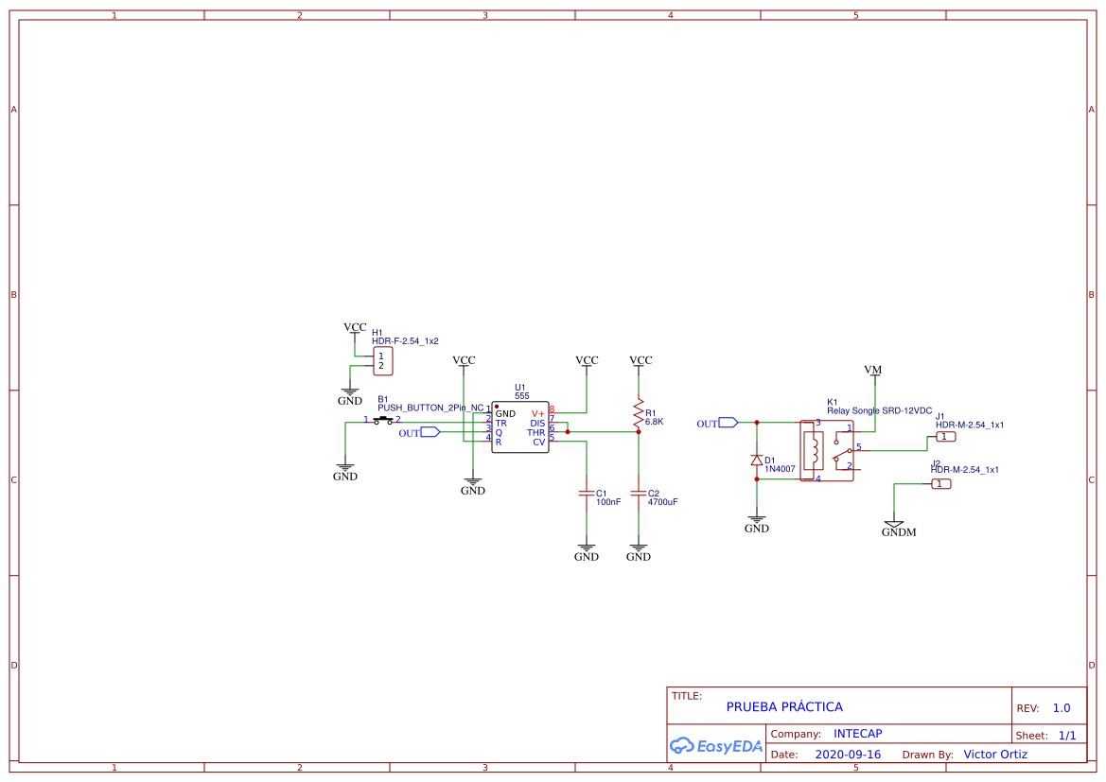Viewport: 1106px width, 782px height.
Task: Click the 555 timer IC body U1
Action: (x=519, y=427)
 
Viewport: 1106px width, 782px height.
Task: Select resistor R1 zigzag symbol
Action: (x=639, y=412)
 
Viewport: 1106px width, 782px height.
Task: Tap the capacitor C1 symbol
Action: (x=587, y=494)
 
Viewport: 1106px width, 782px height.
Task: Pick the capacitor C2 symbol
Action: (x=639, y=494)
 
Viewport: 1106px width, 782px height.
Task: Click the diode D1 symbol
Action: (x=756, y=461)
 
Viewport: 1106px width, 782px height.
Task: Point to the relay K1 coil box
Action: (x=811, y=450)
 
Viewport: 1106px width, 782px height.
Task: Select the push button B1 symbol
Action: (x=383, y=419)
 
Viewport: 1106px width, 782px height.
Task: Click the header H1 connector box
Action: (x=383, y=360)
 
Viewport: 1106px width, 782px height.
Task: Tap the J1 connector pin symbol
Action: (x=945, y=437)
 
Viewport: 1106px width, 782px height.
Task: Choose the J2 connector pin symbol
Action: (x=940, y=484)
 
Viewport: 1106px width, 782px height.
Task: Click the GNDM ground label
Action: (x=898, y=532)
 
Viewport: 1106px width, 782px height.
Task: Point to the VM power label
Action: (x=872, y=369)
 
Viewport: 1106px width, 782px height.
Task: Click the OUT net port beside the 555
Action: (x=430, y=432)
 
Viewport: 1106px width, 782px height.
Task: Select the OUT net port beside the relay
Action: (x=728, y=423)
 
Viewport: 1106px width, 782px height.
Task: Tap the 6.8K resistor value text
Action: (x=654, y=422)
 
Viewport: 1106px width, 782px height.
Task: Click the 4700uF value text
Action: (x=662, y=502)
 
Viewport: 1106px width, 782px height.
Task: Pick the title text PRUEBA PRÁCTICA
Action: (x=783, y=706)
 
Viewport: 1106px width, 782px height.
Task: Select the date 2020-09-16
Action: (x=847, y=755)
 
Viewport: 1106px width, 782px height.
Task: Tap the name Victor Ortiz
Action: (x=994, y=754)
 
